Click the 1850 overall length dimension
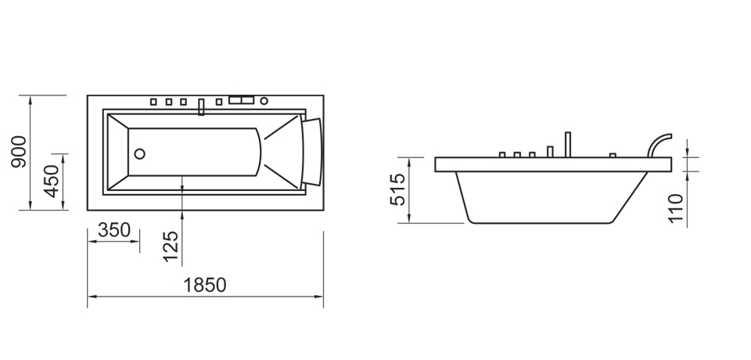(x=205, y=286)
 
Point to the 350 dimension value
(x=114, y=231)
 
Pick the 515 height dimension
(x=397, y=190)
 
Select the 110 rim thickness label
(x=677, y=209)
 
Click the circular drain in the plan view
(x=140, y=153)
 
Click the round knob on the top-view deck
(x=264, y=101)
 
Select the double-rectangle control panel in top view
(x=242, y=100)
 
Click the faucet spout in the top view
(x=202, y=108)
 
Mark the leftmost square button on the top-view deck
(x=154, y=101)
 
